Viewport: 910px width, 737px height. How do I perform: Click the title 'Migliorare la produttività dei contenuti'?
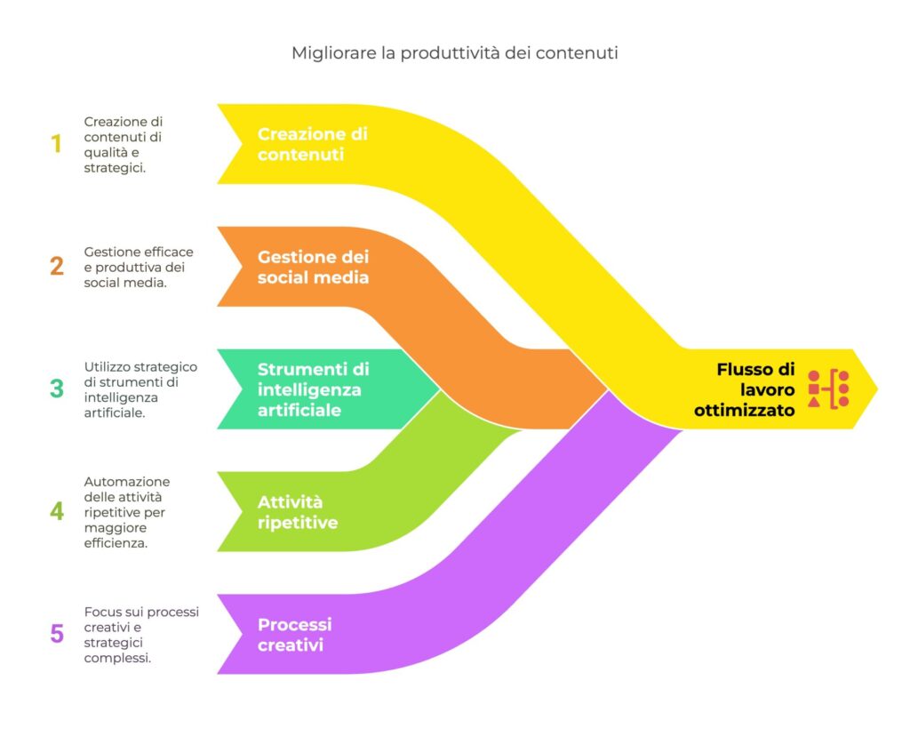click(454, 53)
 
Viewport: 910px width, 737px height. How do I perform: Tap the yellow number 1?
click(57, 144)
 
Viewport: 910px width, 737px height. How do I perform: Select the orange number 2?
click(57, 266)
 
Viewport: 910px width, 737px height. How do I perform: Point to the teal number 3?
click(57, 389)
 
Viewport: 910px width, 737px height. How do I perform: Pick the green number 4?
click(57, 511)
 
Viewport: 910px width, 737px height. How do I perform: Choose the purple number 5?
click(57, 634)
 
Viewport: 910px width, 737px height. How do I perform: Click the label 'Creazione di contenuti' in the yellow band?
click(312, 144)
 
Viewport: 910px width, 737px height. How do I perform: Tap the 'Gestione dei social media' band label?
click(313, 267)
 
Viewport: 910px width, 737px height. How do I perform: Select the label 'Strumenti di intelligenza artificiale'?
click(313, 389)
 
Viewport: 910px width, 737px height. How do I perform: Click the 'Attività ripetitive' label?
click(298, 512)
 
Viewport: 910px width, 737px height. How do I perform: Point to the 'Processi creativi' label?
click(294, 634)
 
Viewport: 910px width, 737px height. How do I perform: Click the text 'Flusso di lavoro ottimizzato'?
click(756, 389)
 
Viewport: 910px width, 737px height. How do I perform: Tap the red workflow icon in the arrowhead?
click(828, 389)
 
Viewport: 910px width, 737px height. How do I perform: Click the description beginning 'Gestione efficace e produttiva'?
click(138, 267)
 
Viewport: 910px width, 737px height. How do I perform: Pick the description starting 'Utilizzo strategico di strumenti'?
click(140, 389)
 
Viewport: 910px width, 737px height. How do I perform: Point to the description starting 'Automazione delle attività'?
click(127, 512)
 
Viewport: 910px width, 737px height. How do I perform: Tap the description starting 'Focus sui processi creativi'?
click(140, 635)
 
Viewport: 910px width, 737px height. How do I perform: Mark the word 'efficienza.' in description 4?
click(116, 543)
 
